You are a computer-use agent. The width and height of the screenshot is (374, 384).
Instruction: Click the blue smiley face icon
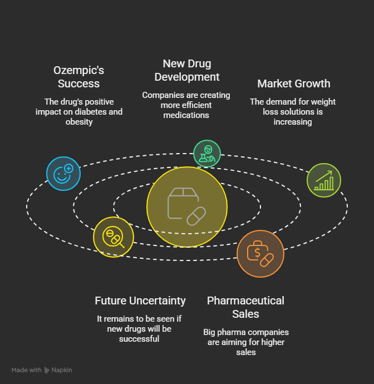[63, 174]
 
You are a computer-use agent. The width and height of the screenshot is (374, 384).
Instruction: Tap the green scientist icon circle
[207, 154]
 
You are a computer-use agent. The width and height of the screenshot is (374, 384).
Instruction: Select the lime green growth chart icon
[324, 180]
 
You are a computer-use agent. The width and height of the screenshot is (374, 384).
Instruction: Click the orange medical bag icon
[260, 254]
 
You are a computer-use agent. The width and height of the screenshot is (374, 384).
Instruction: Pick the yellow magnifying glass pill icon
[113, 237]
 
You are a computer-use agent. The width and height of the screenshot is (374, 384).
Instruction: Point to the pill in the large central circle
[196, 215]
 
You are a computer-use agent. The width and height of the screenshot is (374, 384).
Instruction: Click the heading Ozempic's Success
[78, 77]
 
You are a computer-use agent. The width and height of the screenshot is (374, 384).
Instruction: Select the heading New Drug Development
[187, 70]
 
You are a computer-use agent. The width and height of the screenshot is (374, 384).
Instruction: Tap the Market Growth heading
[293, 84]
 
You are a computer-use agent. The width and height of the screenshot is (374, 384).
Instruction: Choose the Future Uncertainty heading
[140, 301]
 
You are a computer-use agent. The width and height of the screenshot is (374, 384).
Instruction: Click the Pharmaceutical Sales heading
[245, 307]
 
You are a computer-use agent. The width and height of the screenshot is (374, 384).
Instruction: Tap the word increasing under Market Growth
[293, 121]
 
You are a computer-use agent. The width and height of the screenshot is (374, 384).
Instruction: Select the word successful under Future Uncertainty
[139, 338]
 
